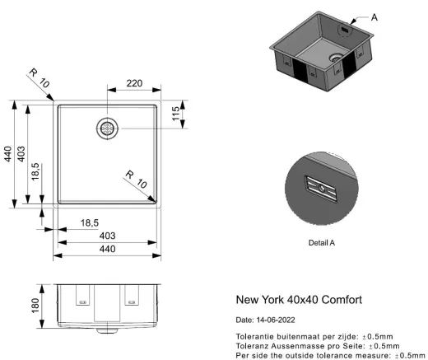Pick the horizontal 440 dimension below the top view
tap(107, 249)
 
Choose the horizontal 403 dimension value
tap(107, 236)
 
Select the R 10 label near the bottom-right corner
tap(137, 180)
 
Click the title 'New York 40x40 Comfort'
tap(299, 300)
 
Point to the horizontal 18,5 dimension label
tap(90, 223)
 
